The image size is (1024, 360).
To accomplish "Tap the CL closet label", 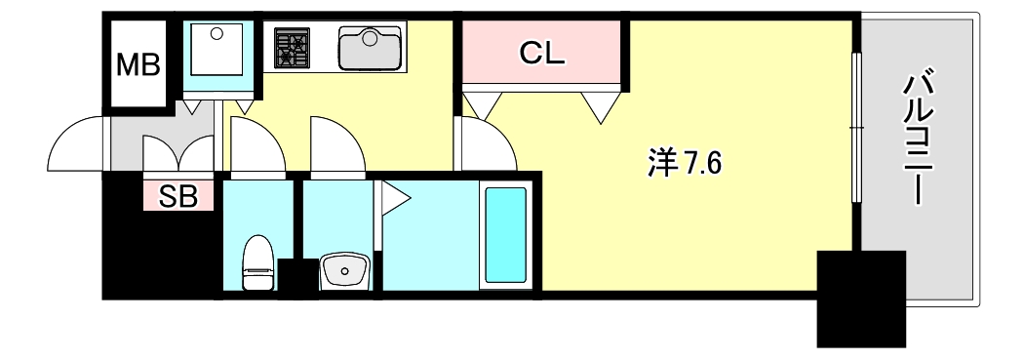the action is point(541,54).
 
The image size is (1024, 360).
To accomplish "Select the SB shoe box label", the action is point(178,196).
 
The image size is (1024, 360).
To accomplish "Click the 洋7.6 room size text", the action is point(683,164).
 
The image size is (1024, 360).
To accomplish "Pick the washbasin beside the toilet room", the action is point(342,269).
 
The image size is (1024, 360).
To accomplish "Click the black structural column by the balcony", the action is point(860,298).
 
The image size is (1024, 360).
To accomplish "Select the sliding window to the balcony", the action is point(856,127).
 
